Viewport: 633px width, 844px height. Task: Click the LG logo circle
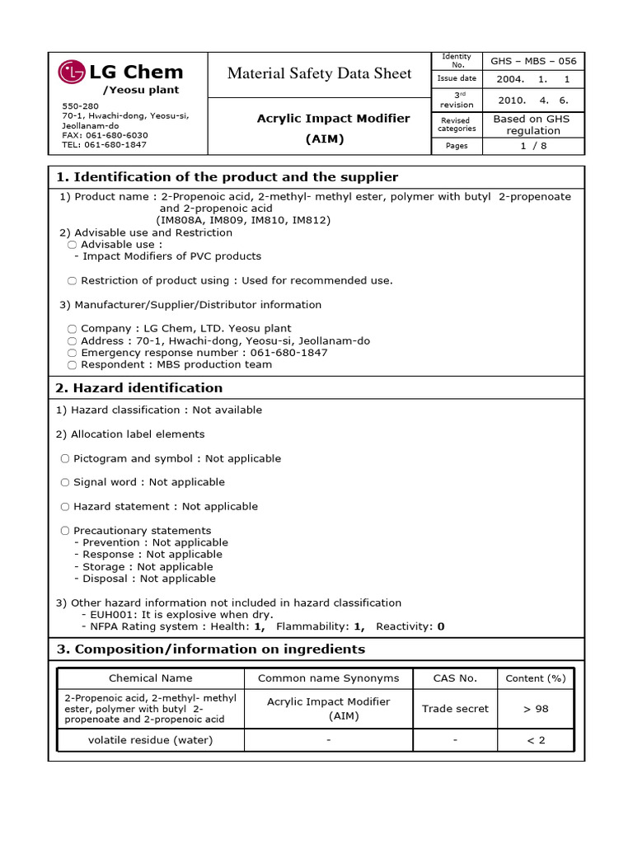coord(72,73)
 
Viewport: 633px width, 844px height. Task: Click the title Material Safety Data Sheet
coord(319,73)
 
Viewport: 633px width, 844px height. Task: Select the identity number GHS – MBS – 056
coord(533,61)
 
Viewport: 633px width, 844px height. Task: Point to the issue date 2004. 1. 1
coord(533,79)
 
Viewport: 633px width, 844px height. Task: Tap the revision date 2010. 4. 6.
coord(533,100)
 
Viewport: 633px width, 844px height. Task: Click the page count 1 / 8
coord(533,145)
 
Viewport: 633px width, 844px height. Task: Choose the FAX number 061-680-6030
coord(105,134)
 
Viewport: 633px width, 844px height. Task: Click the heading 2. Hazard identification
coord(139,387)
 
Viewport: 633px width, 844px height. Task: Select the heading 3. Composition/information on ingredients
coord(210,649)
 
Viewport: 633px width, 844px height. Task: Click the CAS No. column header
coord(455,678)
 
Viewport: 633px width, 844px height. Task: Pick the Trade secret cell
coord(455,708)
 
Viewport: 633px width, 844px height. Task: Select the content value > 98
coord(536,708)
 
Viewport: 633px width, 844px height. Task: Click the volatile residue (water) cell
coord(150,740)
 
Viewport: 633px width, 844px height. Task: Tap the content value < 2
coord(536,740)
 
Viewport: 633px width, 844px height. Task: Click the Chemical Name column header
coord(150,678)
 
